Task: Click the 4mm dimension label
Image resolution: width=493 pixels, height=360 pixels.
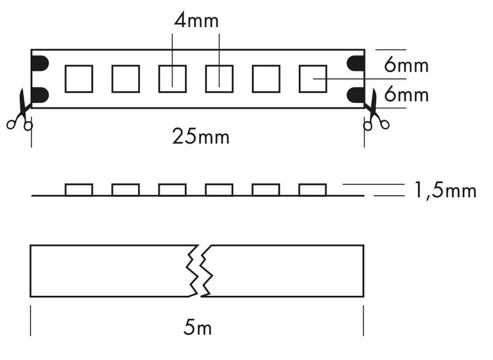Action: (196, 20)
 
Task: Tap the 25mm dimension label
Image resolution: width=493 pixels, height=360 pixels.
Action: (201, 136)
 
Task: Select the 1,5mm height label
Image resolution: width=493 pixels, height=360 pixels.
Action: (445, 190)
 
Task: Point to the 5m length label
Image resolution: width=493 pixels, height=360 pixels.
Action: (197, 327)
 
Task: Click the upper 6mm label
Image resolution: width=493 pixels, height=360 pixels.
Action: (406, 65)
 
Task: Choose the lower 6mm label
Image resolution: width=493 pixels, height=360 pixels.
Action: (406, 94)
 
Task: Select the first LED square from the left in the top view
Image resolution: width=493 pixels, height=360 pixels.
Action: (79, 79)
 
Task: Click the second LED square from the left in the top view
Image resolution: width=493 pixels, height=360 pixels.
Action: (126, 79)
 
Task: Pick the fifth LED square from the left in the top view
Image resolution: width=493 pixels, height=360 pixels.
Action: (266, 79)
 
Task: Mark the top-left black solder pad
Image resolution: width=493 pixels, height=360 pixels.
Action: (40, 63)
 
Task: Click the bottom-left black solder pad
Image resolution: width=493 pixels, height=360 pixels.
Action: (40, 96)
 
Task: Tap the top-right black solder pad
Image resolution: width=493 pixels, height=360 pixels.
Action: (356, 63)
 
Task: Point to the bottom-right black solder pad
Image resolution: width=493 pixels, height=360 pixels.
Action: (356, 96)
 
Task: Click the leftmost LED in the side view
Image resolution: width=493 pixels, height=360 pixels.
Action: (79, 190)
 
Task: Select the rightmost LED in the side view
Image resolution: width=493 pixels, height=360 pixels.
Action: (312, 190)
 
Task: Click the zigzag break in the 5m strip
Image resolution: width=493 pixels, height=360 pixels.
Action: (199, 271)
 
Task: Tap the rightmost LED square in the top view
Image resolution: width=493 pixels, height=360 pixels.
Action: (313, 79)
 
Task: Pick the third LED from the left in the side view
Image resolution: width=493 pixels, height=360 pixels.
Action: (173, 190)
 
